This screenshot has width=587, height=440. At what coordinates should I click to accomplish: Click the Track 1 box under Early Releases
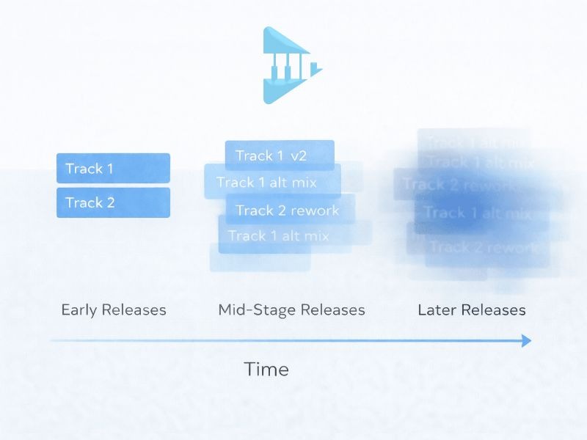pos(113,168)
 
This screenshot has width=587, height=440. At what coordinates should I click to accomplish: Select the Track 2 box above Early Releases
pos(113,202)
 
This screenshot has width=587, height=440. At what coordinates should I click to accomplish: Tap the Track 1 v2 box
pos(279,155)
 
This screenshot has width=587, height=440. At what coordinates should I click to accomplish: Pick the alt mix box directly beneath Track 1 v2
pos(272,183)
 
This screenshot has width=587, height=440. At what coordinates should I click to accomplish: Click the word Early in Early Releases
pos(79,309)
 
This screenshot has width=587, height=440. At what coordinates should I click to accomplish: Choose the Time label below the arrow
pos(266,369)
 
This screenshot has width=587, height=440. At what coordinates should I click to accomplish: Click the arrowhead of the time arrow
pos(525,340)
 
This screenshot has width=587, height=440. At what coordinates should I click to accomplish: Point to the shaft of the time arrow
pos(286,341)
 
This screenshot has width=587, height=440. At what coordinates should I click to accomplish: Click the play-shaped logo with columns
pos(290,65)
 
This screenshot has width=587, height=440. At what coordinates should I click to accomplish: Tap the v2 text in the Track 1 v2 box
pos(299,155)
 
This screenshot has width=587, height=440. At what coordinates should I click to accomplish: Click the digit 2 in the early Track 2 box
pos(110,202)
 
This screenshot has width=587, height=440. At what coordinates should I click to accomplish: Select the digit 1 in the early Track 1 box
pos(109,168)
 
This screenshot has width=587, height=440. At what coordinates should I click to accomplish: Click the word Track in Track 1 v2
pos(254,155)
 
